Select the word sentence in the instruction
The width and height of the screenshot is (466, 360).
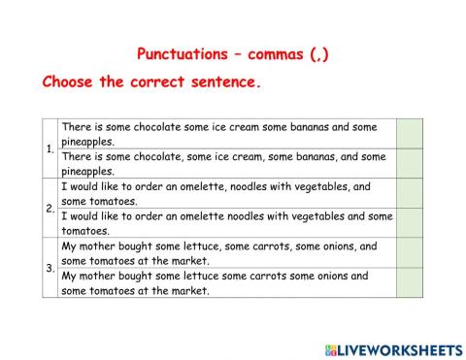(x=222, y=82)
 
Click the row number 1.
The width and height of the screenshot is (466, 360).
(x=50, y=148)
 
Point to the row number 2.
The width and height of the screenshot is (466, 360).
(x=50, y=208)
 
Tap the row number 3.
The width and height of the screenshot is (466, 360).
(x=50, y=267)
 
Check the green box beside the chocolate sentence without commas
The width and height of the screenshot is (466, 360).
(x=410, y=133)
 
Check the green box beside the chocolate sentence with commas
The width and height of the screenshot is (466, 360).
(x=410, y=163)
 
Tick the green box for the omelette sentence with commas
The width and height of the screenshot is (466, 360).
(x=410, y=193)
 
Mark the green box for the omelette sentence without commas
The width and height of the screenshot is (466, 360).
(x=410, y=222)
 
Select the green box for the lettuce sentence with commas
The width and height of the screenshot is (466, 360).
(x=410, y=252)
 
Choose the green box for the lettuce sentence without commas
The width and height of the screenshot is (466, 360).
(x=410, y=281)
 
